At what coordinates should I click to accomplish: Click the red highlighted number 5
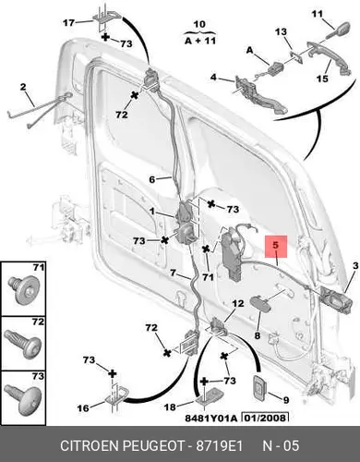pos(276,246)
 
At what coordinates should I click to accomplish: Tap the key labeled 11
pos(338,30)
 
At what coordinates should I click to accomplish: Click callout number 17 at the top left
pos(68,22)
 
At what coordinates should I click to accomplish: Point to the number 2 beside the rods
pos(23,87)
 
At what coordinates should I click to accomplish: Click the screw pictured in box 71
pos(23,290)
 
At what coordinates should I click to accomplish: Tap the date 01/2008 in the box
pos(267,418)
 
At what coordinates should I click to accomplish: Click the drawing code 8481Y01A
pos(211,418)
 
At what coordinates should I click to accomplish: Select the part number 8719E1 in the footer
pos(220,445)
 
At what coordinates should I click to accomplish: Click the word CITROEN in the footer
pos(89,445)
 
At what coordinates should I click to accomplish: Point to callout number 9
pos(286,400)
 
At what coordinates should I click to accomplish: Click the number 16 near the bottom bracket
pos(83,408)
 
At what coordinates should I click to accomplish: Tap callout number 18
pos(170,407)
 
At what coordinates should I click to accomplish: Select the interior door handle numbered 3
pos(336,300)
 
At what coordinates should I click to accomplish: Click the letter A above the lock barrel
pos(249,50)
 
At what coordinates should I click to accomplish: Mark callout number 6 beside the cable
pos(152,179)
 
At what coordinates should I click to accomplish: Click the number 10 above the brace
pos(199,24)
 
